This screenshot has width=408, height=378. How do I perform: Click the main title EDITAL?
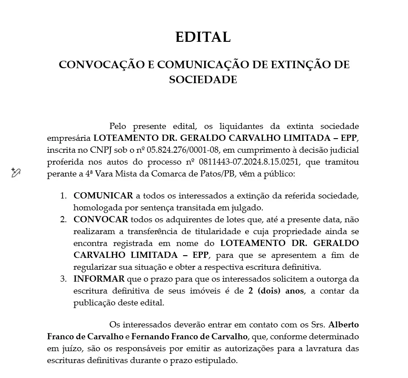[x=203, y=37]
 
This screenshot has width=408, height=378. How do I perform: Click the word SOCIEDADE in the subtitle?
[x=203, y=80]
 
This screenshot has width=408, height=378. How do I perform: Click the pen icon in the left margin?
[x=16, y=172]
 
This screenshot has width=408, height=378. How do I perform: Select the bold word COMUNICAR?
[x=103, y=195]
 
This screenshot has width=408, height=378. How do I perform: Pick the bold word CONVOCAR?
[x=101, y=219]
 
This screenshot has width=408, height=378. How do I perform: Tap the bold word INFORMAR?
[x=99, y=279]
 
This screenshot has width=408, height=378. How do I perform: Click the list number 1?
[x=63, y=195]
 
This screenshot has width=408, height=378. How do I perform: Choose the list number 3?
[x=63, y=279]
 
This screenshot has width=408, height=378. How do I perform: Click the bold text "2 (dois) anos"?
[x=276, y=291]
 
